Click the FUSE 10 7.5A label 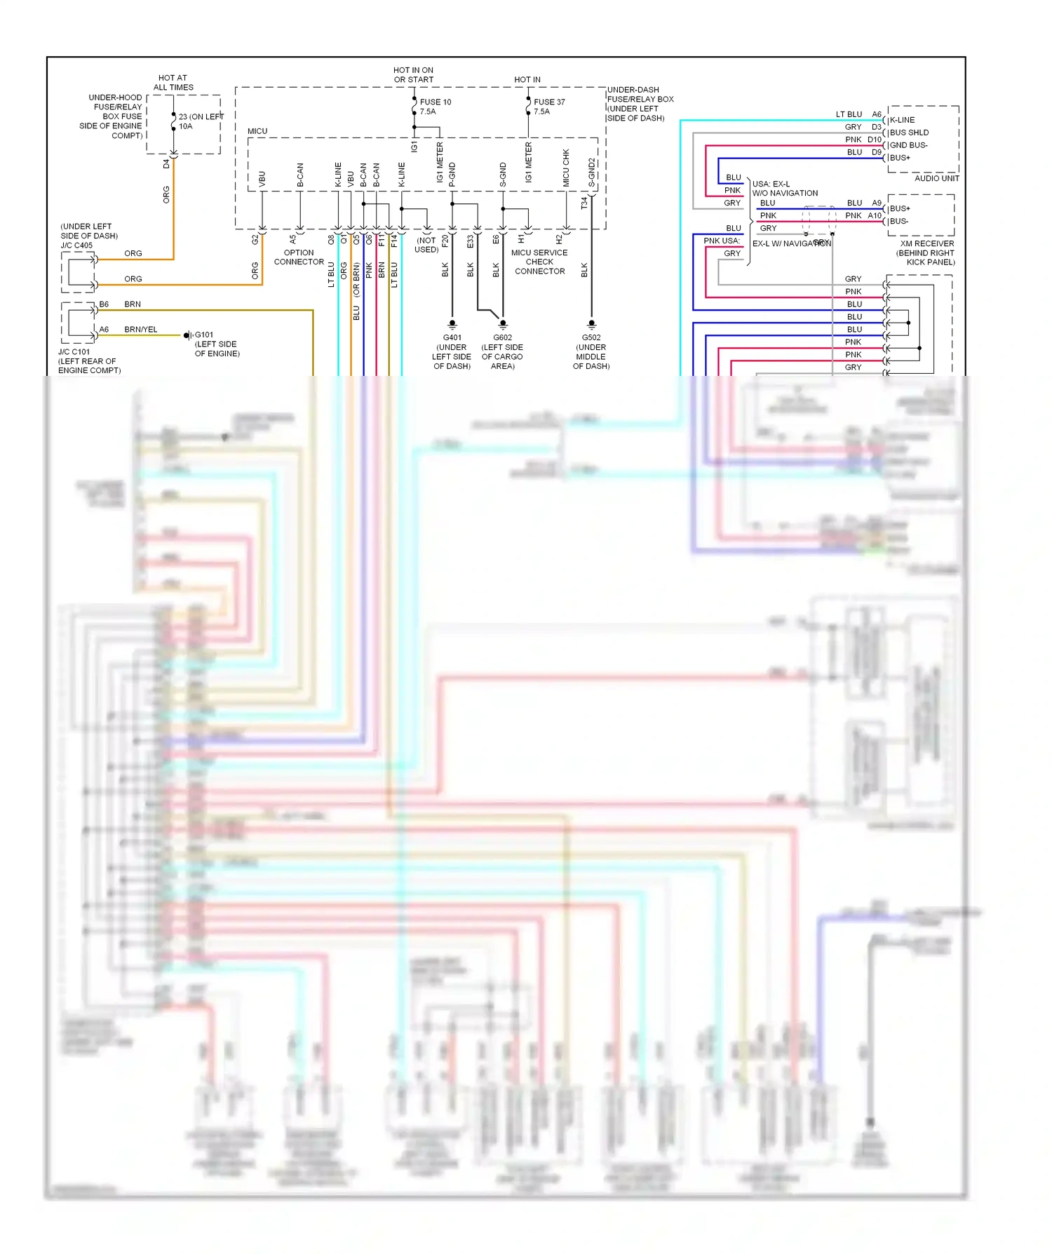(435, 107)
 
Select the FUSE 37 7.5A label (548, 107)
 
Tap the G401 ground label (452, 351)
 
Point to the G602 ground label (502, 351)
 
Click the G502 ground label (591, 351)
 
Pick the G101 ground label (216, 344)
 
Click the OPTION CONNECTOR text (299, 257)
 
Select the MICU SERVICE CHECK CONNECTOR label (539, 262)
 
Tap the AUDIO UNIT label (936, 178)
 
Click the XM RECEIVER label (926, 252)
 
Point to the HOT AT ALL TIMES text (173, 83)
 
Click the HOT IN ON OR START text (413, 74)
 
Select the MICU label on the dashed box (257, 131)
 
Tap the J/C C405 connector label (88, 236)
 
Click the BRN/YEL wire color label (141, 329)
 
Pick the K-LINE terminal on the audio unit (902, 120)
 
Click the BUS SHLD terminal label (909, 133)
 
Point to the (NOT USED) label (426, 245)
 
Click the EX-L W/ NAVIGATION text (791, 243)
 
